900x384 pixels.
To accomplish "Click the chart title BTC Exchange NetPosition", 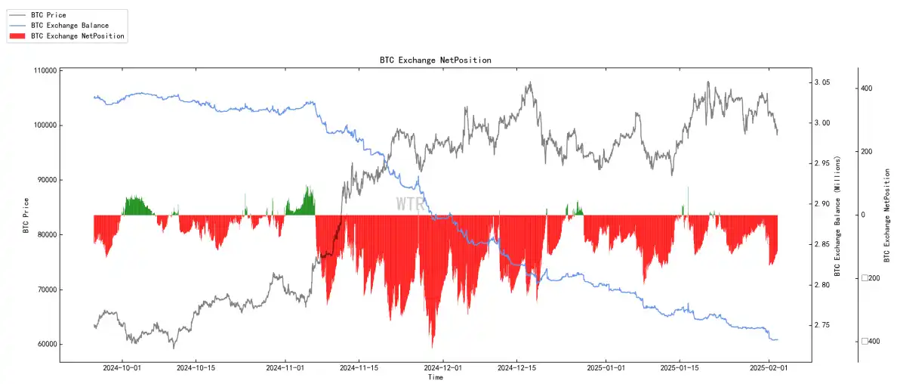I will tap(436, 60).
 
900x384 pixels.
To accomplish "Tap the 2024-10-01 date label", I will tap(123, 369).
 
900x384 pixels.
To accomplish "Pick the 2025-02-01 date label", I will tap(769, 369).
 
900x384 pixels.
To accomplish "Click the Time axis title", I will tap(436, 377).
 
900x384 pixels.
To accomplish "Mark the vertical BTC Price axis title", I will tap(26, 215).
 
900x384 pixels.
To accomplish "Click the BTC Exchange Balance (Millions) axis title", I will tap(837, 215).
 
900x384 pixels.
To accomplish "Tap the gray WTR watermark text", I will tap(411, 204).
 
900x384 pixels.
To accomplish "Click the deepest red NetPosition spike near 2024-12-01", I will tap(433, 346).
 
